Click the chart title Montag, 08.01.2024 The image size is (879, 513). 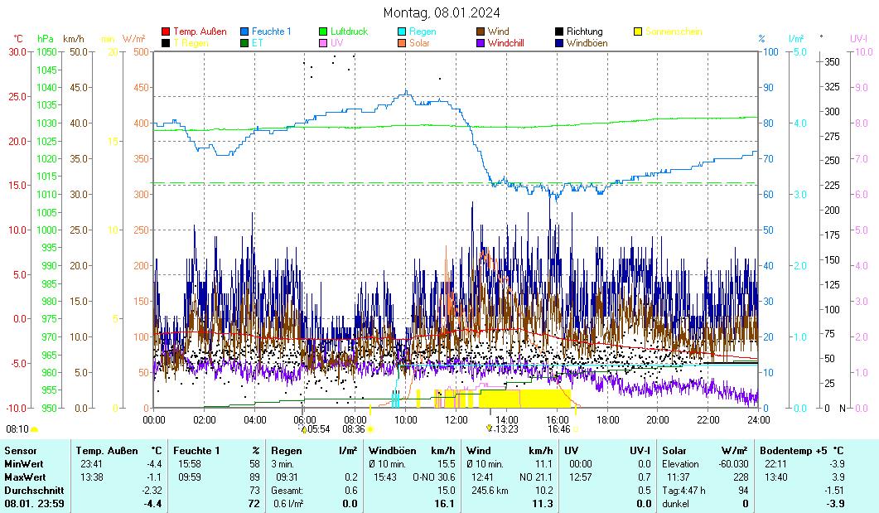pyautogui.click(x=442, y=12)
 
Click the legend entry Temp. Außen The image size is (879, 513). pyautogui.click(x=200, y=31)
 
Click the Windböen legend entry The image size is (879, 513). pyautogui.click(x=587, y=42)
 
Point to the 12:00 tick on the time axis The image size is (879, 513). pyautogui.click(x=456, y=419)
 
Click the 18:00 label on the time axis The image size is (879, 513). pyautogui.click(x=607, y=419)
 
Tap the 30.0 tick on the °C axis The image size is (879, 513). pyautogui.click(x=17, y=51)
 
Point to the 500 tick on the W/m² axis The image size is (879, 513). pyautogui.click(x=141, y=51)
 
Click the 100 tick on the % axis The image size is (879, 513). pyautogui.click(x=770, y=51)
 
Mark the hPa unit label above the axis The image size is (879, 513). pyautogui.click(x=46, y=38)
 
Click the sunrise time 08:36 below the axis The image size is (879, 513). pyautogui.click(x=354, y=428)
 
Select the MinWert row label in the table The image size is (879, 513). pyautogui.click(x=22, y=464)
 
